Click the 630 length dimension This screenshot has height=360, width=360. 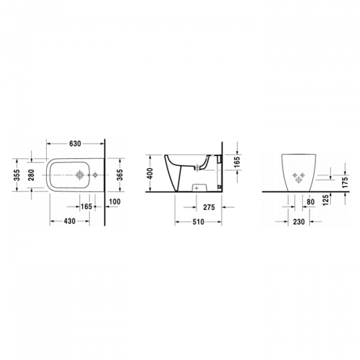pos(76,144)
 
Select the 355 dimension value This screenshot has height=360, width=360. pos(17,175)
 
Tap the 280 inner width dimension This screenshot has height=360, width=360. pos(31,175)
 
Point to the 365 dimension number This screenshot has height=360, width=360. pos(119,175)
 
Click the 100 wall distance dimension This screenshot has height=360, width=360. pos(115,202)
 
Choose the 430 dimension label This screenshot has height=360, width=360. pos(70,221)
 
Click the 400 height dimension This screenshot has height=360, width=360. pos(149,174)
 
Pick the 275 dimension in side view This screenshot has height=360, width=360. pos(209,207)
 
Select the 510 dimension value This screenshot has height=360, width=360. pos(198,222)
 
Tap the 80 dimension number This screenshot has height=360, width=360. pos(310,202)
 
